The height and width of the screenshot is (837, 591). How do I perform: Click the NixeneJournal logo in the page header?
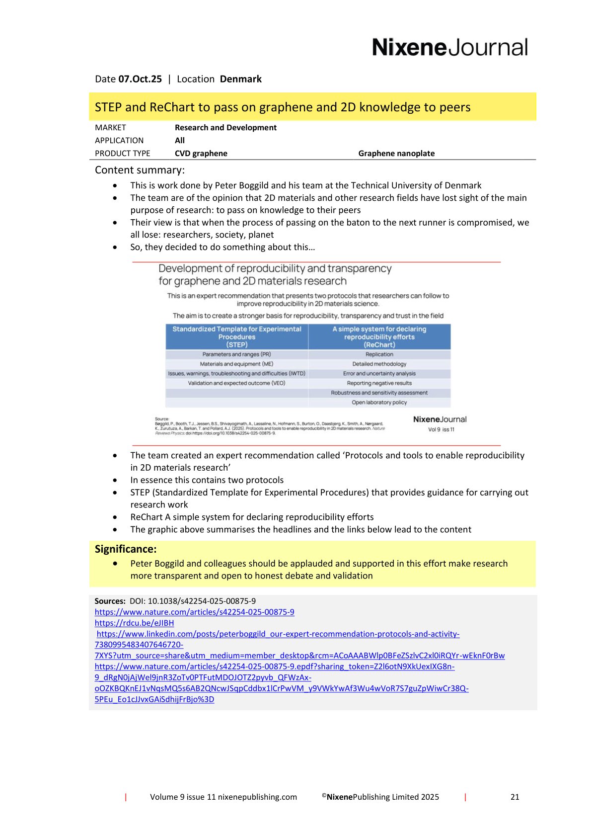[449, 48]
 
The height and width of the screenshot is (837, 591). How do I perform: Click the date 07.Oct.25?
[140, 79]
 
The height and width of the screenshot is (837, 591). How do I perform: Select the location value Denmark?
[240, 79]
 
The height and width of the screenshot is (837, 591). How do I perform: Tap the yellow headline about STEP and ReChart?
[283, 107]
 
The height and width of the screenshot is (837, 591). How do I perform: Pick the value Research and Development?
[225, 128]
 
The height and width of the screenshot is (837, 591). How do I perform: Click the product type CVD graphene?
[201, 154]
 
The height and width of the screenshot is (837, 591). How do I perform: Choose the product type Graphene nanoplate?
[396, 154]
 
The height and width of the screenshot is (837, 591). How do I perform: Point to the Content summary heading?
[140, 170]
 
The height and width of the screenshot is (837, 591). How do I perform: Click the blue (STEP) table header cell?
[237, 337]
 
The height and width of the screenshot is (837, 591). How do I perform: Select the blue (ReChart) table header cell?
[379, 337]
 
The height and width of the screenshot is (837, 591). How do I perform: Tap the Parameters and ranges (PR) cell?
[237, 354]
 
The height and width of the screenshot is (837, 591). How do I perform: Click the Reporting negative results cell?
[379, 383]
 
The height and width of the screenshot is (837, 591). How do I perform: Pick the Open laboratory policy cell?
[379, 403]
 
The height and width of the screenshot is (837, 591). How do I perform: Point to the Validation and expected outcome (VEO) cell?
[237, 383]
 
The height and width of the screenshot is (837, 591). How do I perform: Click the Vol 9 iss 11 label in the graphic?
[441, 429]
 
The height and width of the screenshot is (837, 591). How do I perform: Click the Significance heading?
[126, 549]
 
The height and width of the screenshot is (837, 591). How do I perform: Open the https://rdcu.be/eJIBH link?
[134, 623]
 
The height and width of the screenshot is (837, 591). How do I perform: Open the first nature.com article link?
[194, 612]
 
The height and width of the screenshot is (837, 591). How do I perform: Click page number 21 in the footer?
[515, 797]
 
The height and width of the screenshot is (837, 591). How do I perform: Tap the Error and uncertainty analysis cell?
[379, 374]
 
